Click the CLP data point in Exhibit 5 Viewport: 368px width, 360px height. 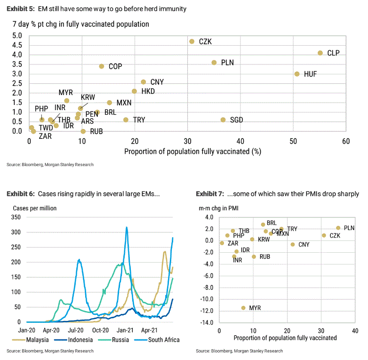pos(320,53)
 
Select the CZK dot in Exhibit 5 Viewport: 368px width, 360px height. pos(192,41)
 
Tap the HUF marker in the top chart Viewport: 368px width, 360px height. pos(297,74)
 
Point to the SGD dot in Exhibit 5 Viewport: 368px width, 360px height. pos(223,120)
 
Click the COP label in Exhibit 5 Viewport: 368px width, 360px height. pos(115,67)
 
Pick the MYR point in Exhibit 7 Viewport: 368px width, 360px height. pos(243,308)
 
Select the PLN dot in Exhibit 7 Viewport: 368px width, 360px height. pos(338,228)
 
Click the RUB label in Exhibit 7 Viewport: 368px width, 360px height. pos(265,257)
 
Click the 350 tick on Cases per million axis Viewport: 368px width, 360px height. pos(16,218)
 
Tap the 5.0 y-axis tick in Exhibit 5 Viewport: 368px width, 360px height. pos(17,36)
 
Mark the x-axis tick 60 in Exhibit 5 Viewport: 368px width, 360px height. pos(346,141)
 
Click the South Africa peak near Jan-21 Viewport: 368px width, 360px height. pos(127,227)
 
